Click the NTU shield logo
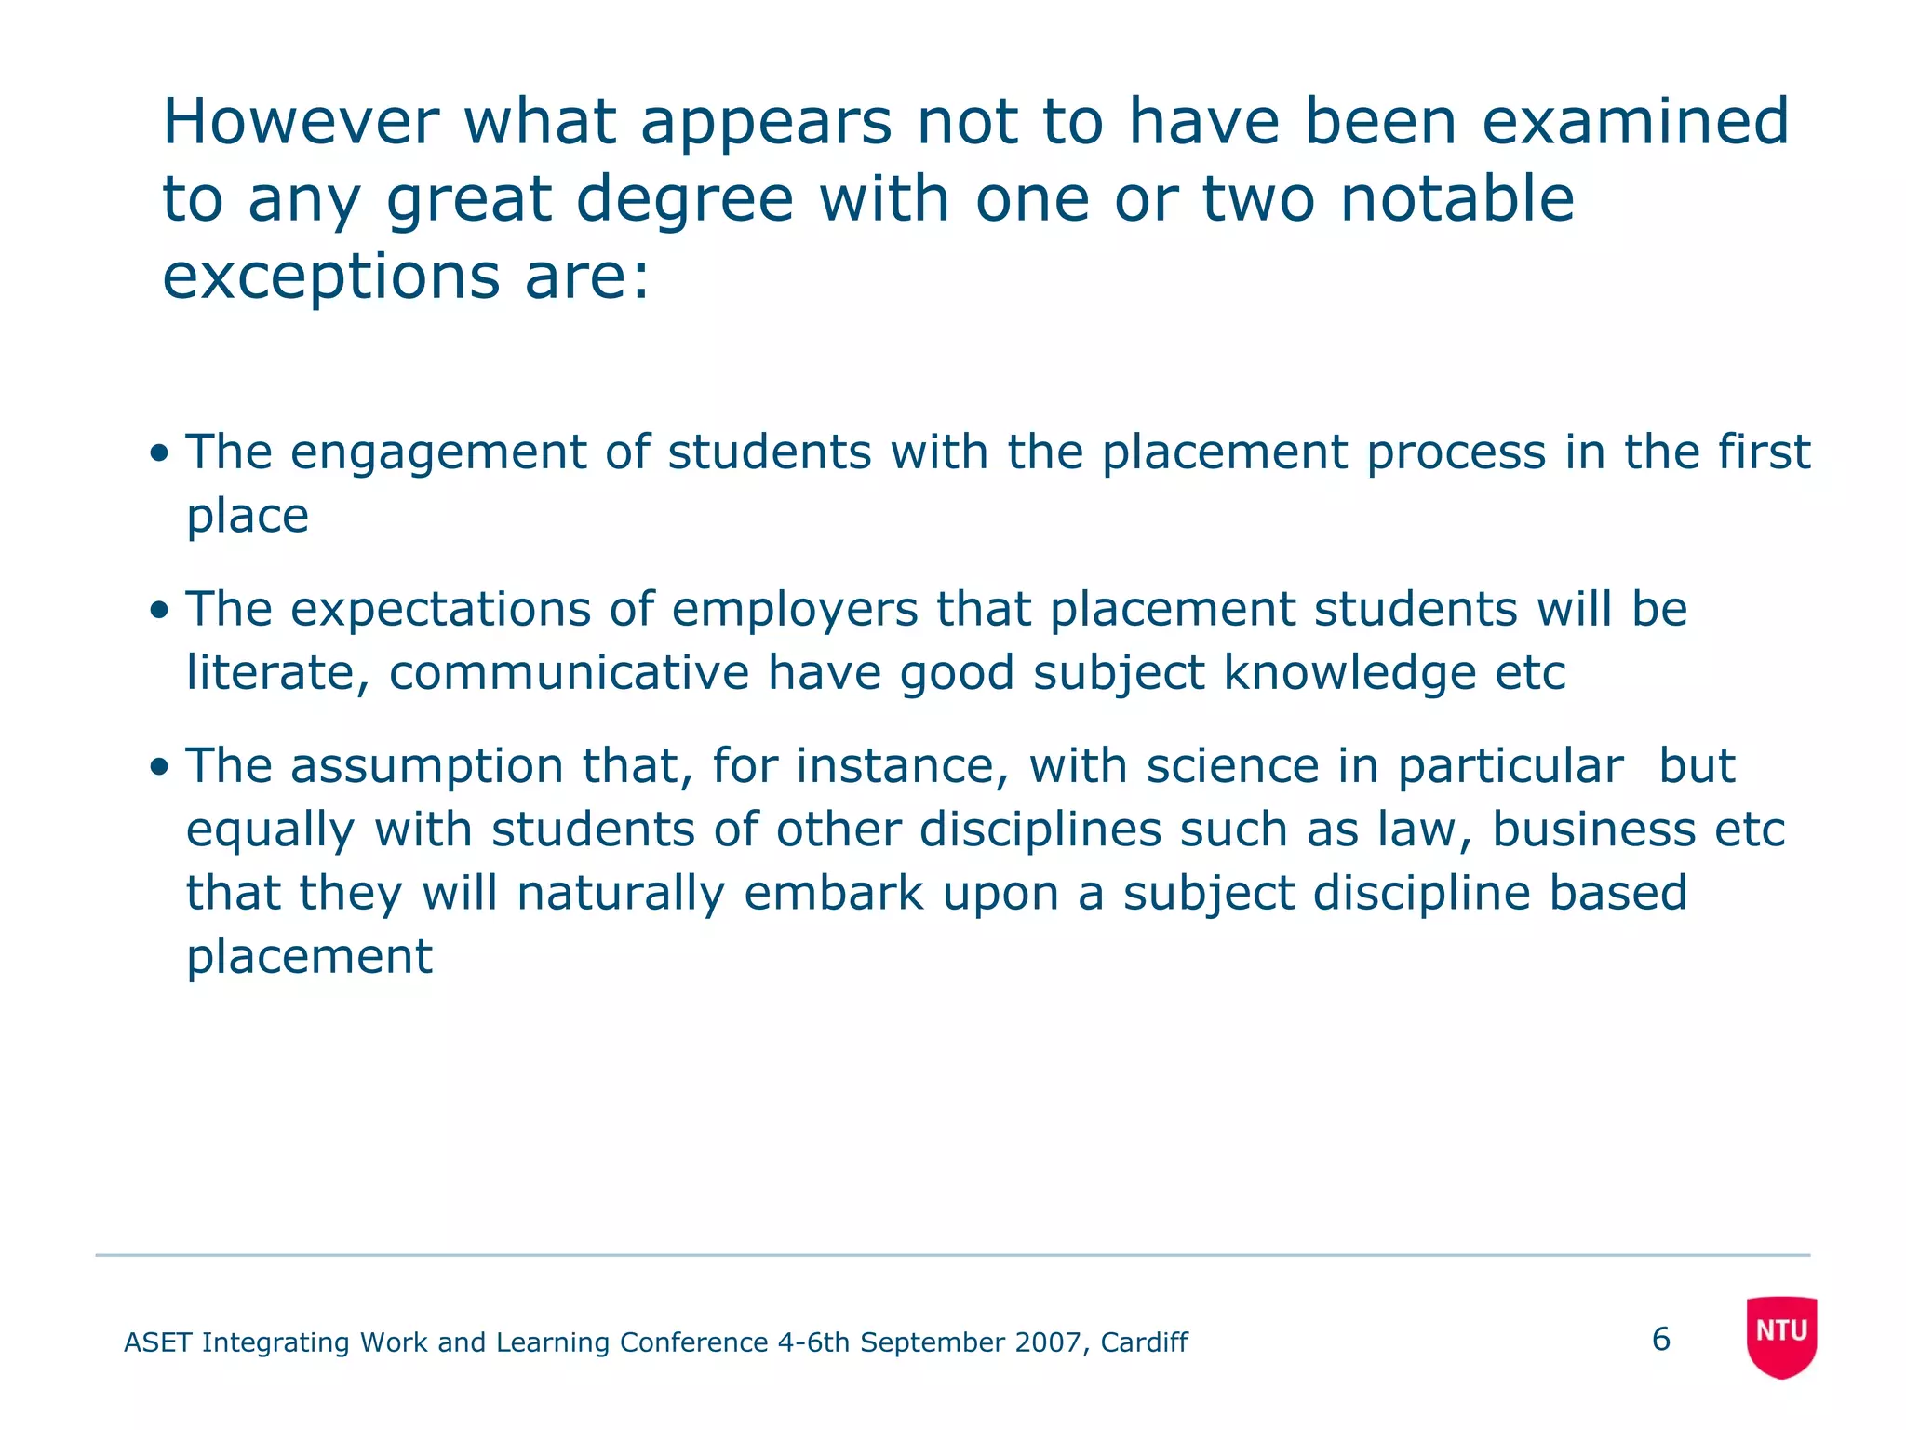coord(1781,1336)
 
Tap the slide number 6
coord(1661,1340)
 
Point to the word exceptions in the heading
coord(331,277)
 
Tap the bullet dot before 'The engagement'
coord(160,454)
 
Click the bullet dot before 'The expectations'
coord(160,611)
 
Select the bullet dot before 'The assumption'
coord(160,768)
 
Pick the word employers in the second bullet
coord(795,611)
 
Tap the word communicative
coord(569,672)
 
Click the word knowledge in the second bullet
coord(1349,672)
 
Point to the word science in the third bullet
coord(1232,767)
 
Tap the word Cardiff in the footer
coord(1144,1342)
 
